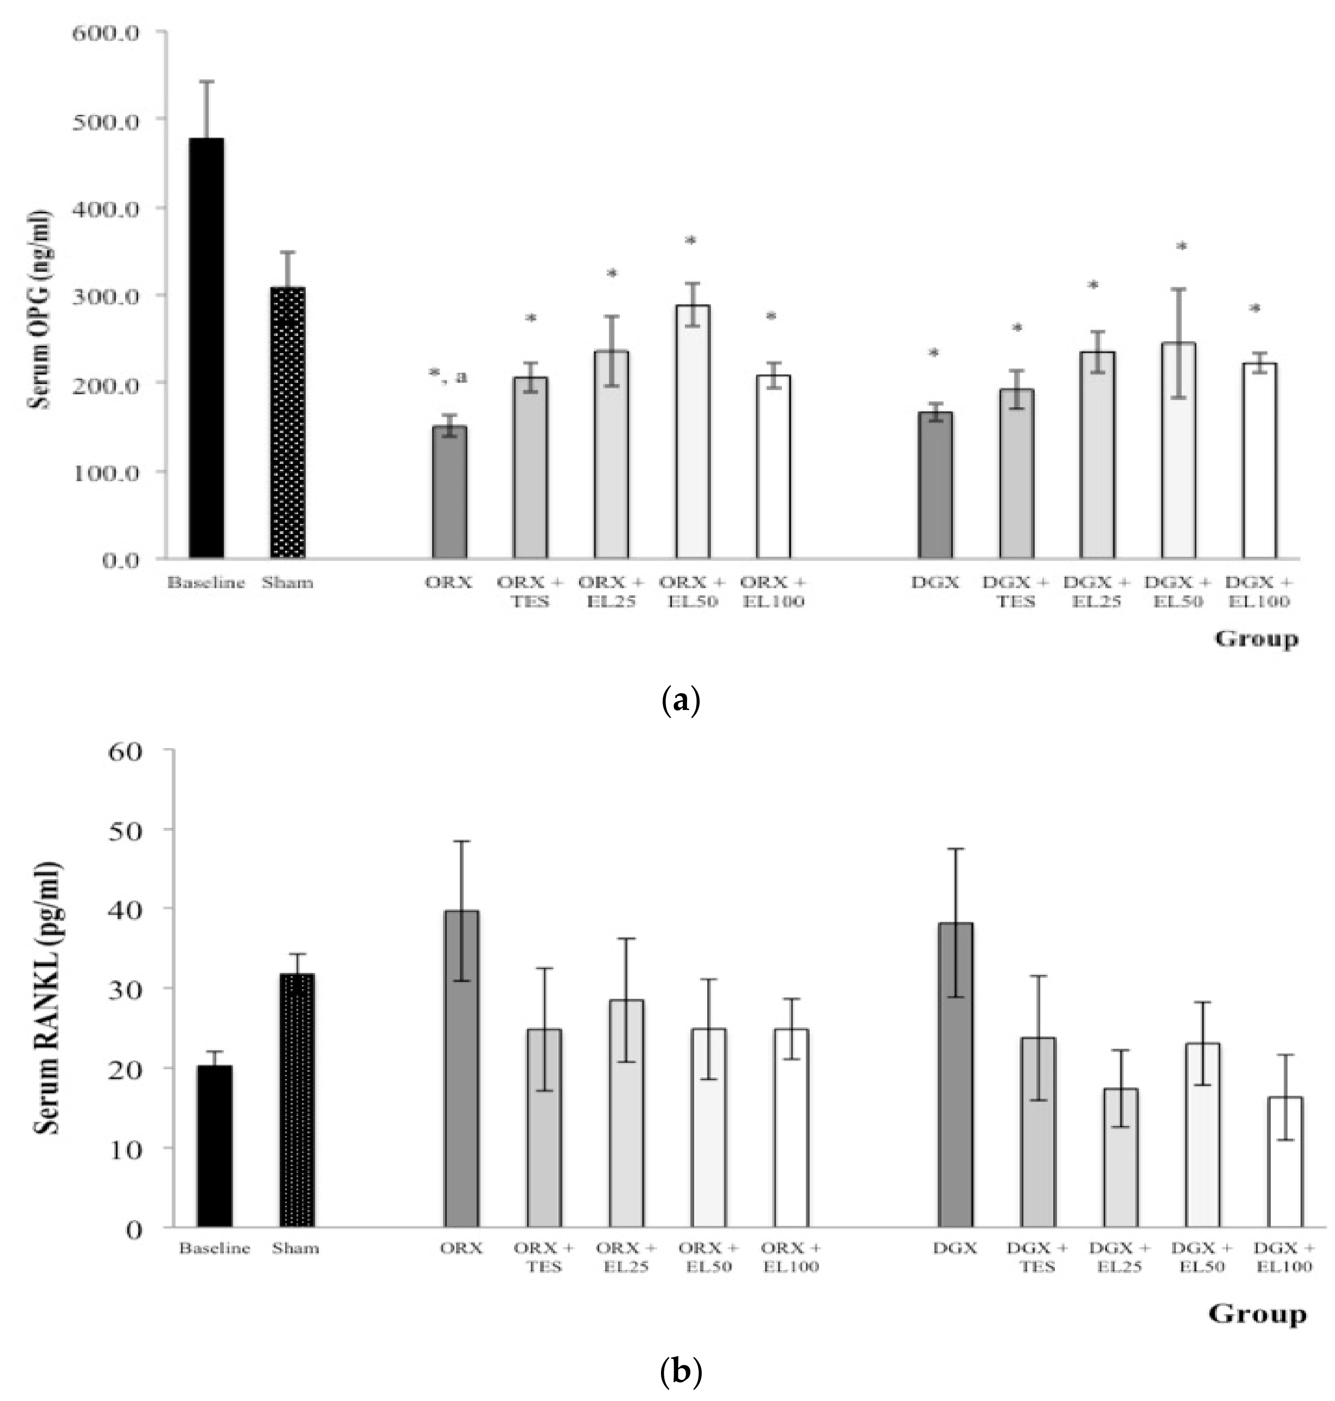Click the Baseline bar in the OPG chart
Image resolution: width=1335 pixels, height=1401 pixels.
[206, 348]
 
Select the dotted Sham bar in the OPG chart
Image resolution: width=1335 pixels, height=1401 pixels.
[288, 423]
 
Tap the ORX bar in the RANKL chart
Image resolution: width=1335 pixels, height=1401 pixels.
[461, 1069]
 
